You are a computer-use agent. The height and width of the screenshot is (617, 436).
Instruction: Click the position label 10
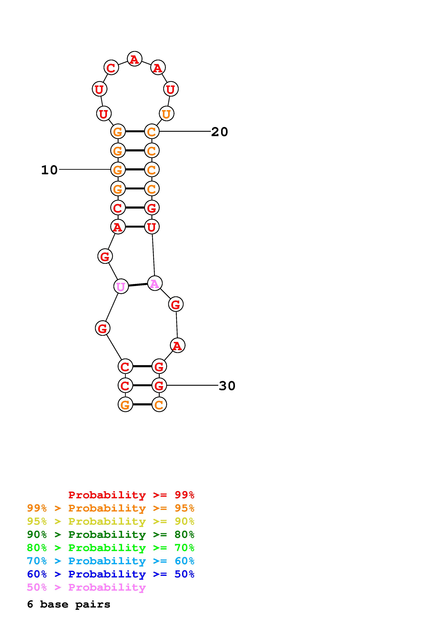click(49, 170)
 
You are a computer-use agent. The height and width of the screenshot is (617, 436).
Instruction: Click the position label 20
click(219, 132)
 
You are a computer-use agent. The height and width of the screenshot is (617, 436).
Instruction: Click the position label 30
click(227, 386)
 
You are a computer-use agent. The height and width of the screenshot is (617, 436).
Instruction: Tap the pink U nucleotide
click(121, 287)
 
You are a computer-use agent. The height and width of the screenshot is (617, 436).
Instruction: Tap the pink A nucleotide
click(155, 283)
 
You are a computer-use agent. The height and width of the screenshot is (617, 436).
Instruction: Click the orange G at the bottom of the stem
click(125, 404)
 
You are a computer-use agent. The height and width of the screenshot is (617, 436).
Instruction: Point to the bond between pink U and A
click(138, 285)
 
